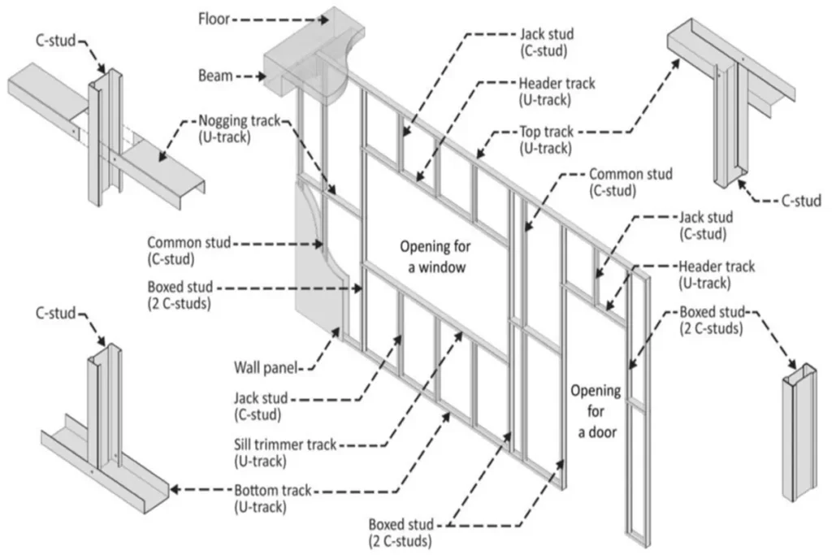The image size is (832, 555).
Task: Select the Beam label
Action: (x=214, y=76)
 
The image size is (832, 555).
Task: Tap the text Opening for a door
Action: (x=596, y=411)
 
